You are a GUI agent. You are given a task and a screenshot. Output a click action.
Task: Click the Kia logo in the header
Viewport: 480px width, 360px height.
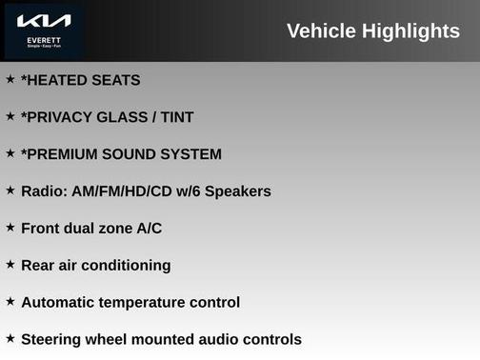pyautogui.click(x=44, y=20)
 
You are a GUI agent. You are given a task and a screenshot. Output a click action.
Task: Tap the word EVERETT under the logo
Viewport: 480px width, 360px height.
pyautogui.click(x=44, y=40)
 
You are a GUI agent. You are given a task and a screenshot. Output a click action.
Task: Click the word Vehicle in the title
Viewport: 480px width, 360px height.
pyautogui.click(x=320, y=31)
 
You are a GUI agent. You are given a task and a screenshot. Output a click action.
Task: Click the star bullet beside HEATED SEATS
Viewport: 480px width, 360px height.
pyautogui.click(x=10, y=79)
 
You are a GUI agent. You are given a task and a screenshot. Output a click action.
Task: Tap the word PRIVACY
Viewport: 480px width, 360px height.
pyautogui.click(x=59, y=117)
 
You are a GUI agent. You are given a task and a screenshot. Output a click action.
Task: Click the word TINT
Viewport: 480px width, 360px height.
pyautogui.click(x=176, y=117)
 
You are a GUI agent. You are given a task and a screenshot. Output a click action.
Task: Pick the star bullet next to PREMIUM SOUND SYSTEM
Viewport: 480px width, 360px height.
pyautogui.click(x=10, y=153)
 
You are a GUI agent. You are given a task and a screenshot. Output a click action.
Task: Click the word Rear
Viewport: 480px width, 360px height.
pyautogui.click(x=38, y=266)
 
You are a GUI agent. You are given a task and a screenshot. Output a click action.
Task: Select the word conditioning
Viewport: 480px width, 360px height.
pyautogui.click(x=128, y=266)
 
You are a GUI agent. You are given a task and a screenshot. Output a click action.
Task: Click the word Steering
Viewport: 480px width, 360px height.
pyautogui.click(x=55, y=340)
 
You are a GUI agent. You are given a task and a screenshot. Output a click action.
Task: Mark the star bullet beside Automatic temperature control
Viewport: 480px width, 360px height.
pyautogui.click(x=10, y=302)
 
